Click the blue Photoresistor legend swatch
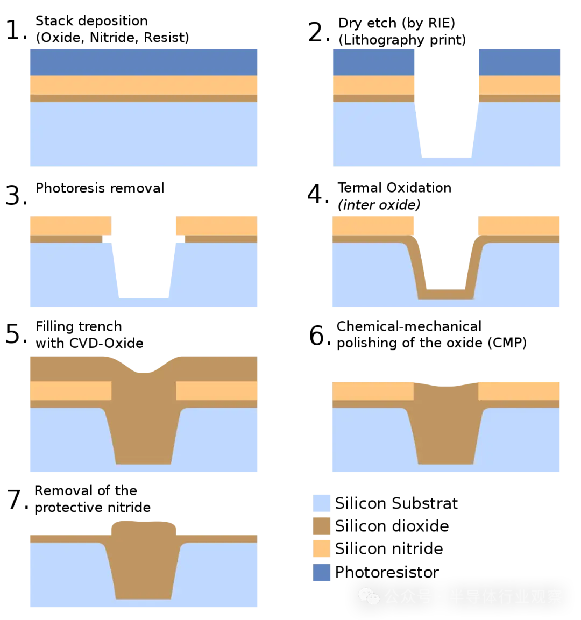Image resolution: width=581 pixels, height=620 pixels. (x=321, y=572)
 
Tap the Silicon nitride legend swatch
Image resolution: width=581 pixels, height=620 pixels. (x=321, y=549)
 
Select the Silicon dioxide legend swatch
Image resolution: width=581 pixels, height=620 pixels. (x=321, y=526)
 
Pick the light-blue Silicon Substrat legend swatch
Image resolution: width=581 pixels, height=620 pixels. (x=321, y=503)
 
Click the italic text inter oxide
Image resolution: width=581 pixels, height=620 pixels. (x=379, y=205)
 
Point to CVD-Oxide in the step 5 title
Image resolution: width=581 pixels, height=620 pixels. (x=106, y=343)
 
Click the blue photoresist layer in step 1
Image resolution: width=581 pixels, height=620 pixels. (x=144, y=62)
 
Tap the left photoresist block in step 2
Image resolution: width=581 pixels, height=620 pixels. (x=374, y=62)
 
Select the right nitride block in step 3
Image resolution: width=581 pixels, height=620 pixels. (x=216, y=226)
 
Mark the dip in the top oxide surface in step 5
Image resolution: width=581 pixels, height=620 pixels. (x=144, y=371)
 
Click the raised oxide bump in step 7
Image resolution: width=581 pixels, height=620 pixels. (x=144, y=528)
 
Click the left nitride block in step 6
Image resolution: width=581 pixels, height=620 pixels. (x=373, y=391)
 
